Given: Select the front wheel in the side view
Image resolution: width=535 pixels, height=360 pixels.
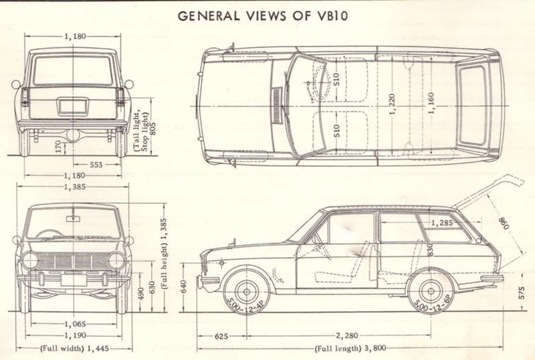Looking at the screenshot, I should pos(247,293).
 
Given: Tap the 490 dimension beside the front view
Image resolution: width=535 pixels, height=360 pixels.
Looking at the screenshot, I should pos(139,294).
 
